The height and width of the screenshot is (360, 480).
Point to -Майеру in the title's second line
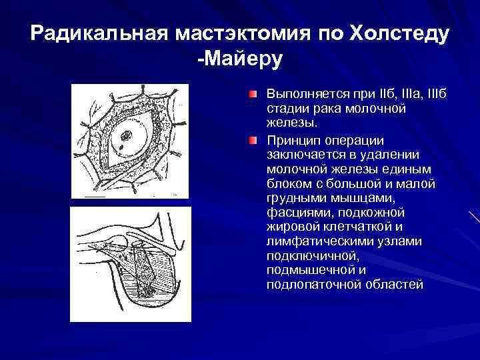tap(240, 59)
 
